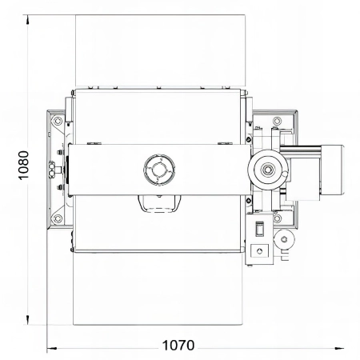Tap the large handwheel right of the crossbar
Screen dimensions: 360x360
pos(264,169)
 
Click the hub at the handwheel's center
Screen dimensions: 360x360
pos(264,169)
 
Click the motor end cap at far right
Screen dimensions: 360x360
pos(335,169)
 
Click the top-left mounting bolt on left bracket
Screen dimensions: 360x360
pos(56,119)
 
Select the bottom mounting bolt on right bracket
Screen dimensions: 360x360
pos(276,216)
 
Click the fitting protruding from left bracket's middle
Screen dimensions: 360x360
pos(52,169)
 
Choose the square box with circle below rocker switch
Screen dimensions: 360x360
pos(259,251)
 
